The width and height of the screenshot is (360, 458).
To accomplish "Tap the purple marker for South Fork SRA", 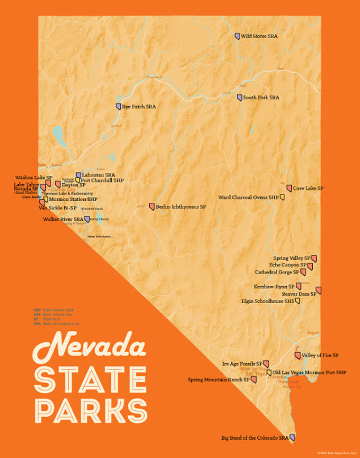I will [239, 98].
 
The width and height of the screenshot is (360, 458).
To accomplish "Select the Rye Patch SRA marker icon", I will [118, 107].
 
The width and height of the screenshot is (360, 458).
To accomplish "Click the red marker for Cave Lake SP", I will [289, 188].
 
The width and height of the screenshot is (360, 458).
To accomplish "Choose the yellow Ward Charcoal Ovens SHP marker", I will [283, 197].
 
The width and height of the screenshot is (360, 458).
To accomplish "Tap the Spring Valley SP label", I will [292, 258].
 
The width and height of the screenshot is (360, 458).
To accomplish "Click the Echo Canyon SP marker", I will [310, 266].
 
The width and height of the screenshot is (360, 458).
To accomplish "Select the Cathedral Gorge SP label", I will [277, 272].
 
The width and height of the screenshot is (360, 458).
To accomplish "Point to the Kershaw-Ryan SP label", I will [274, 286].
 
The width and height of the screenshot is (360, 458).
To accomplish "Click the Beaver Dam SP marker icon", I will [319, 290].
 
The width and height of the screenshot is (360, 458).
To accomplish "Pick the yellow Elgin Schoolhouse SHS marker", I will [298, 301].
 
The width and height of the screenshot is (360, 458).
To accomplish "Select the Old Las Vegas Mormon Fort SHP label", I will [309, 373].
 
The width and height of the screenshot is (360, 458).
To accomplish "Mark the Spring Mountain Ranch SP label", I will [218, 380].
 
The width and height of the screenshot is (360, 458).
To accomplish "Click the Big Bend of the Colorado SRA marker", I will [292, 438].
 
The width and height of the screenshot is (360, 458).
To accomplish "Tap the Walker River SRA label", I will [63, 219].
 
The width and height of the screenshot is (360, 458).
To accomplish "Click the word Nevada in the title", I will [89, 346].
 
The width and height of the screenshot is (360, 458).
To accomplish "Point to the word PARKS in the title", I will [91, 410].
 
